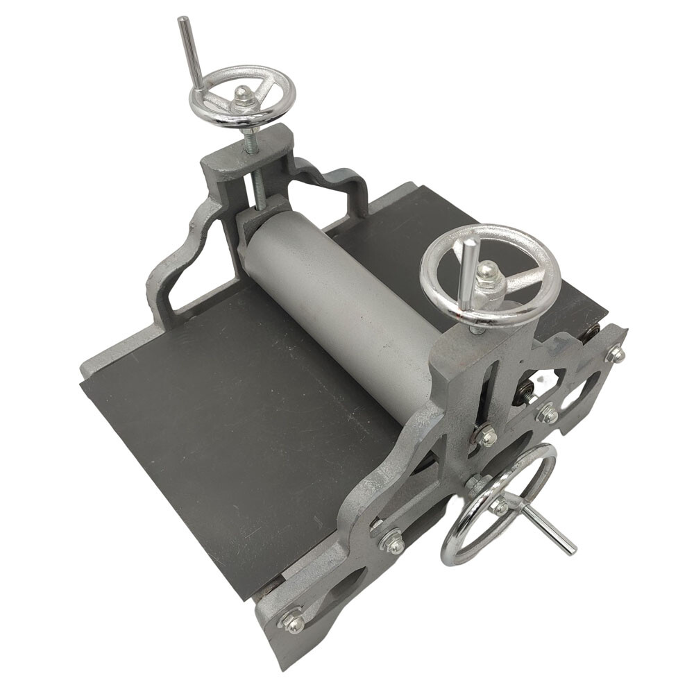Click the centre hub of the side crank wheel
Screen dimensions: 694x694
501,505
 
